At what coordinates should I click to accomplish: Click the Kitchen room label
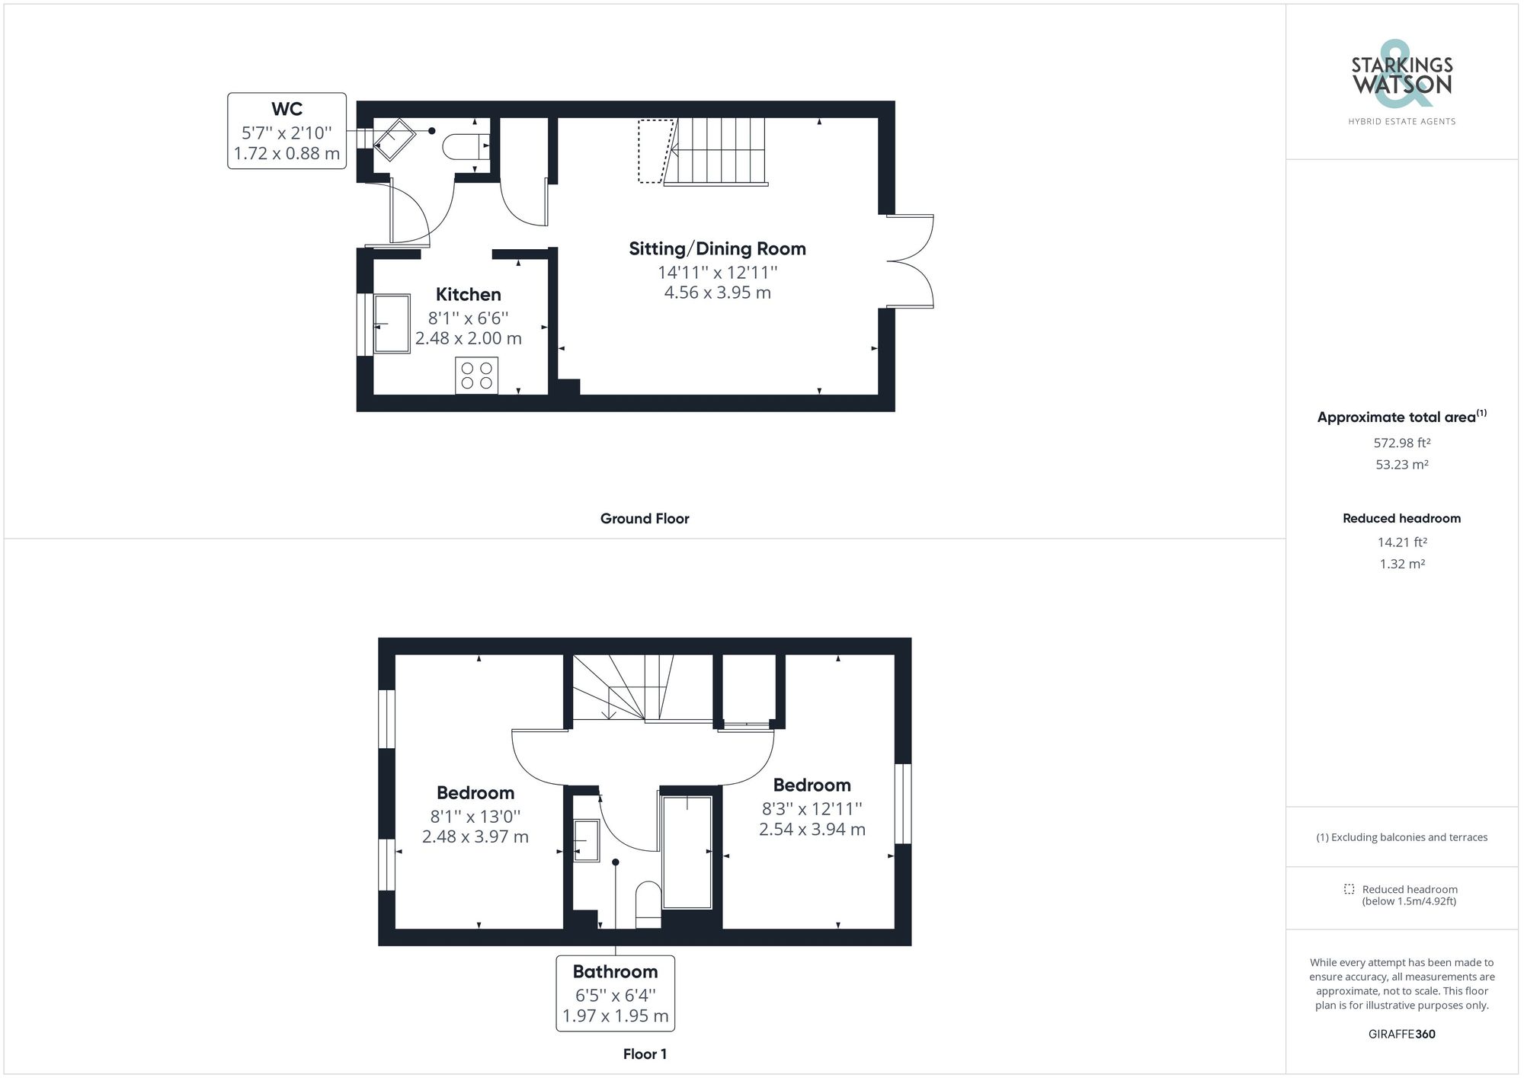click(468, 295)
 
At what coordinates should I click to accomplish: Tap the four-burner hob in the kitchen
click(476, 376)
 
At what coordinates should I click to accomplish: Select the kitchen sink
click(392, 323)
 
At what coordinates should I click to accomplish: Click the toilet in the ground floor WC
click(464, 145)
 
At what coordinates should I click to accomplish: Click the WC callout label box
click(287, 131)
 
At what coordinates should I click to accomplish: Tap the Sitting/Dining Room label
click(717, 249)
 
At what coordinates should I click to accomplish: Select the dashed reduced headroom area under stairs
click(654, 151)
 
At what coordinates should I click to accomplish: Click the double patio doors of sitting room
click(911, 261)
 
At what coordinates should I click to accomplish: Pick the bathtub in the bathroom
click(687, 852)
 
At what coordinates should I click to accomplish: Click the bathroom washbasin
click(585, 840)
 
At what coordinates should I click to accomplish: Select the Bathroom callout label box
click(615, 993)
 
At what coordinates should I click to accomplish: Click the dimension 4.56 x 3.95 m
click(717, 293)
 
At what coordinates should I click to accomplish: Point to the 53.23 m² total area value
click(1401, 465)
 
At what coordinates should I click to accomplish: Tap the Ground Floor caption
click(645, 519)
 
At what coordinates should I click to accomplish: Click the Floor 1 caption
click(645, 1054)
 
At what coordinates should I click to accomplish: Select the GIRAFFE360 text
click(1401, 1034)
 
